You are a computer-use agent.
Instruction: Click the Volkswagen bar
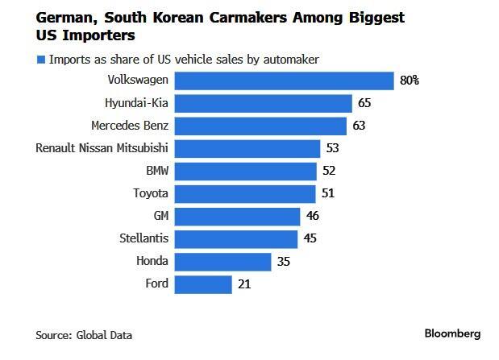pyautogui.click(x=284, y=81)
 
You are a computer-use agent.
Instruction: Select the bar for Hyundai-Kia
pyautogui.click(x=264, y=103)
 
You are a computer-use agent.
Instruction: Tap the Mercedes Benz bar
pyautogui.click(x=260, y=126)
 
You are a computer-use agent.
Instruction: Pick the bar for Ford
pyautogui.click(x=203, y=284)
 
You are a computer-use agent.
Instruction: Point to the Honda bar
pyautogui.click(x=222, y=262)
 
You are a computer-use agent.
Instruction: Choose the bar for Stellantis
pyautogui.click(x=236, y=239)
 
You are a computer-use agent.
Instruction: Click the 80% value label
pyautogui.click(x=409, y=81)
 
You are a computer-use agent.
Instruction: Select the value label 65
pyautogui.click(x=365, y=103)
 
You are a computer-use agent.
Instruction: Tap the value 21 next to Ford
pyautogui.click(x=244, y=284)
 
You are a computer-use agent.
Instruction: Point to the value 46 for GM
pyautogui.click(x=313, y=217)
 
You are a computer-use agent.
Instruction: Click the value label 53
pyautogui.click(x=332, y=148)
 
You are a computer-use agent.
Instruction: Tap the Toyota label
pyautogui.click(x=151, y=193)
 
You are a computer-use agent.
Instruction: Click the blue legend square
pyautogui.click(x=40, y=59)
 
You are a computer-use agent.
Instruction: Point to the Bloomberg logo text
pyautogui.click(x=452, y=333)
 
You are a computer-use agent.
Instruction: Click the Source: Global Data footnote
pyautogui.click(x=84, y=335)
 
